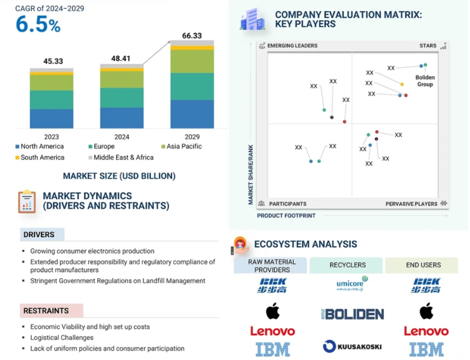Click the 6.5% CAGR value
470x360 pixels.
[x=38, y=25]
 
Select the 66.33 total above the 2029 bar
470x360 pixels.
[x=191, y=36]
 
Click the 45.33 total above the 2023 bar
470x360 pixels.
[x=52, y=61]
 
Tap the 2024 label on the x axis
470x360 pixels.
[x=122, y=137]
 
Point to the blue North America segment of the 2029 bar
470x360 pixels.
[x=192, y=114]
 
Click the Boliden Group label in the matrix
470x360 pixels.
[x=425, y=80]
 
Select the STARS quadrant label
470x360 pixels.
[x=428, y=46]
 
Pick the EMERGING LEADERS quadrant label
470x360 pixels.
[x=292, y=46]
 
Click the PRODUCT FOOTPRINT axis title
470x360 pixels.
[x=286, y=215]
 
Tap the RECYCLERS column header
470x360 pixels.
[x=347, y=265]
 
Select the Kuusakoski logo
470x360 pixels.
[x=352, y=346]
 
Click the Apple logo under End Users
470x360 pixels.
[x=426, y=310]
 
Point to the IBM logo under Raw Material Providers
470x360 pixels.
[x=272, y=349]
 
